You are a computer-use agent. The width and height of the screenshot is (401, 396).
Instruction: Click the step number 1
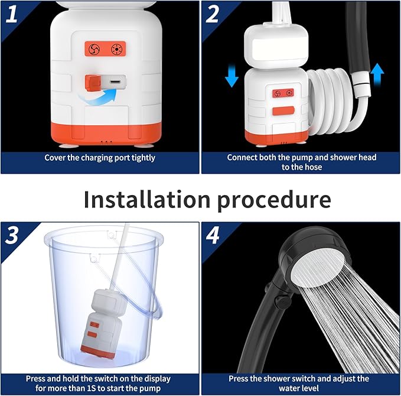click(11, 14)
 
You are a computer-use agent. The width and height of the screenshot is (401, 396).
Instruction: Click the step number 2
click(212, 14)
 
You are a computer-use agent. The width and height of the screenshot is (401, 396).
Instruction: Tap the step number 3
click(11, 235)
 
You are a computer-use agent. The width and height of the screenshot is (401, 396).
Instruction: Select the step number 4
click(213, 235)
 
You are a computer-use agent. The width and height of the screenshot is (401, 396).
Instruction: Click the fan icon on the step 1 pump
click(94, 49)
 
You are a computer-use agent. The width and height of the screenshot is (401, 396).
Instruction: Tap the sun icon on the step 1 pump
click(116, 49)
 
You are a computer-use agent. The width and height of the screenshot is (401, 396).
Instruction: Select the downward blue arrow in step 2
click(232, 76)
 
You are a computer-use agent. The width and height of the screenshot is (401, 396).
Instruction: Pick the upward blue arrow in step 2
click(377, 74)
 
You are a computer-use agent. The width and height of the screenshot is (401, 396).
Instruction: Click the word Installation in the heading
click(147, 199)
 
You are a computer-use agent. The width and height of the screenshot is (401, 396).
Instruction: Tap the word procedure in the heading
click(274, 201)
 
